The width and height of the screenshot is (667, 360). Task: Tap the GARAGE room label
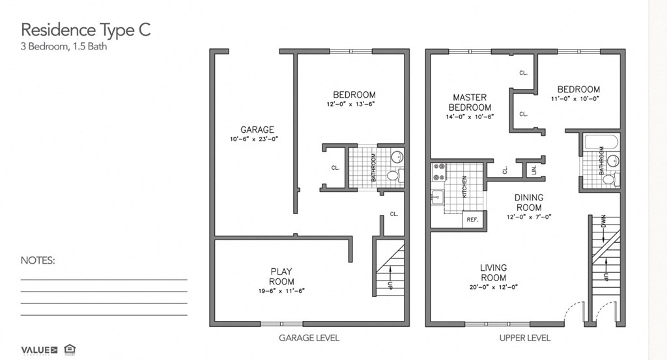tap(257, 130)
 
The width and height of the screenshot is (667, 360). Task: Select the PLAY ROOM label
tap(281, 277)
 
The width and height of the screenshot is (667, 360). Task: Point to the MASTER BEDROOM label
tap(470, 102)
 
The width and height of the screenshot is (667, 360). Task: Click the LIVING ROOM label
tap(493, 272)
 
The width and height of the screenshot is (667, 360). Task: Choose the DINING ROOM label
tap(528, 202)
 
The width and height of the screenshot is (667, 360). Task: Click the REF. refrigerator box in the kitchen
tap(472, 220)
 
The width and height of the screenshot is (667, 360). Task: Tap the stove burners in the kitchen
tap(438, 171)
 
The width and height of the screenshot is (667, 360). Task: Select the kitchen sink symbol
tap(436, 196)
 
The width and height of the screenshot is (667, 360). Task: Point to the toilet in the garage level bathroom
tap(393, 176)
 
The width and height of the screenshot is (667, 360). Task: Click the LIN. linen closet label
tap(535, 169)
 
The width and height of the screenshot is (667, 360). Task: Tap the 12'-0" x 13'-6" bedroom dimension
tap(354, 104)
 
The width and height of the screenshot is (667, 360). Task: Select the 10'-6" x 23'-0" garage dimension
tap(257, 139)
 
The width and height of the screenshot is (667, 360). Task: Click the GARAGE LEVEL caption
tap(309, 338)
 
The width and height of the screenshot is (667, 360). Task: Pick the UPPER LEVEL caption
tap(524, 338)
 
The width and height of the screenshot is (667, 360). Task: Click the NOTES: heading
tap(38, 260)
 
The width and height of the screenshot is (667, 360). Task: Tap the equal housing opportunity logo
tap(70, 350)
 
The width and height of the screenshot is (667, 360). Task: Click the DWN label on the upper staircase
tap(604, 222)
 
